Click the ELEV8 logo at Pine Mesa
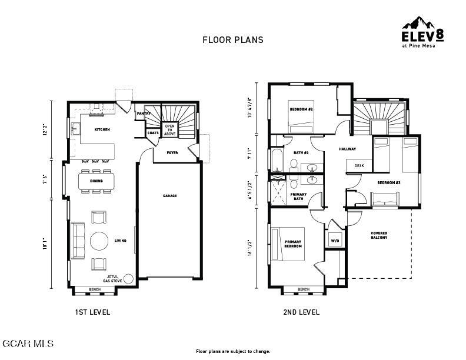pyautogui.click(x=422, y=32)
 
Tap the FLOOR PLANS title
pyautogui.click(x=233, y=40)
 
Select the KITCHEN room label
pyautogui.click(x=102, y=129)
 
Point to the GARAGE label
pyautogui.click(x=169, y=196)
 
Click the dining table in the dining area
pyautogui.click(x=96, y=181)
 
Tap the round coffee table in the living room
pyautogui.click(x=99, y=241)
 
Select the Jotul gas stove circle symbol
pyautogui.click(x=128, y=279)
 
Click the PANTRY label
pyautogui.click(x=143, y=114)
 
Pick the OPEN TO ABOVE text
pyautogui.click(x=169, y=130)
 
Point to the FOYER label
pyautogui.click(x=172, y=153)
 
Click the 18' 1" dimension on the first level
pyautogui.click(x=45, y=244)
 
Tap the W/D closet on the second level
pyautogui.click(x=335, y=241)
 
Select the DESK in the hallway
pyautogui.click(x=359, y=166)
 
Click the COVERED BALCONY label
pyautogui.click(x=379, y=235)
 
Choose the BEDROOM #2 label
pyautogui.click(x=301, y=109)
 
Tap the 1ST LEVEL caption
pyautogui.click(x=92, y=312)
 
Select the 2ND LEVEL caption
pyautogui.click(x=301, y=312)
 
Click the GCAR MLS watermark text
pyautogui.click(x=28, y=344)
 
